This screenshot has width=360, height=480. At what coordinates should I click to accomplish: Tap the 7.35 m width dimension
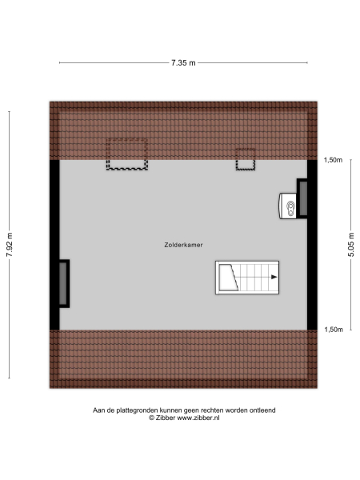[x=183, y=62]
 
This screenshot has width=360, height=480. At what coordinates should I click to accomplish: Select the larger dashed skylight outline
[x=128, y=153]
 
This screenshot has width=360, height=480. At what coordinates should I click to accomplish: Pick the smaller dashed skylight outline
[x=245, y=160]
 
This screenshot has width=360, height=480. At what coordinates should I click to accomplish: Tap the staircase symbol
[x=245, y=278]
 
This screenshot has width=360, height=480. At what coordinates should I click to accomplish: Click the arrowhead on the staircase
[x=274, y=277]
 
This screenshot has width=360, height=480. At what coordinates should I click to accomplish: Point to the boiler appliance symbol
[x=288, y=206]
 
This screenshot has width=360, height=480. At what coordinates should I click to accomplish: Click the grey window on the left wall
[x=62, y=284]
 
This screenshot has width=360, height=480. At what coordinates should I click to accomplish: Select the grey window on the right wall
[x=304, y=198]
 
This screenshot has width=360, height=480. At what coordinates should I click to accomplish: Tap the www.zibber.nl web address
[x=199, y=418]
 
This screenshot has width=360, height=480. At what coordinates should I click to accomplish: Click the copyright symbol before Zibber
[x=151, y=418]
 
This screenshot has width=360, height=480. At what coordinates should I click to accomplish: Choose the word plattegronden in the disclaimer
[x=135, y=410]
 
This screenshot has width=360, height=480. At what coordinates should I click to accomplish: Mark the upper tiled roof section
[x=184, y=128]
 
